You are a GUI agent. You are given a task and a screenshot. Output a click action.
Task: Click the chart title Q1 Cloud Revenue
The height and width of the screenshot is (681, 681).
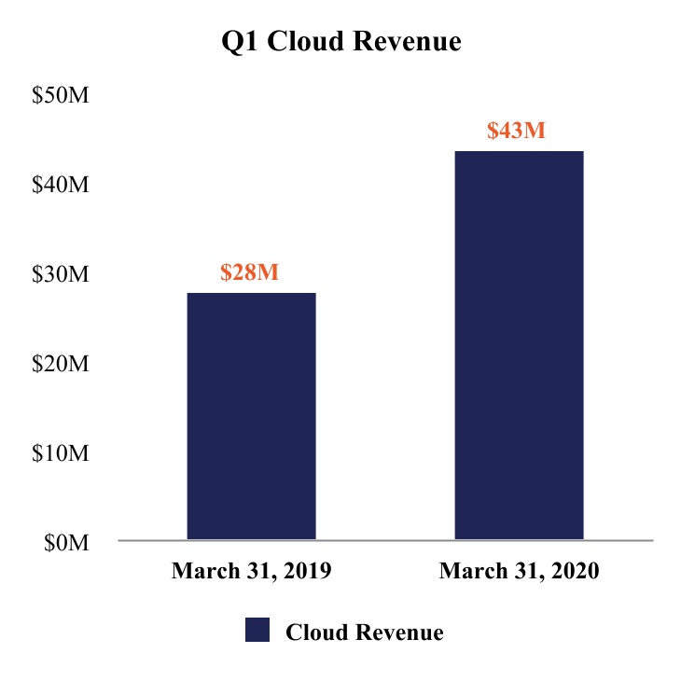(x=340, y=42)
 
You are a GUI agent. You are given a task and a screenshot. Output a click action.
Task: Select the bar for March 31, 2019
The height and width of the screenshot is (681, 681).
(x=251, y=416)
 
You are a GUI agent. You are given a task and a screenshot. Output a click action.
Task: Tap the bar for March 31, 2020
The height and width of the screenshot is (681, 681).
(x=519, y=345)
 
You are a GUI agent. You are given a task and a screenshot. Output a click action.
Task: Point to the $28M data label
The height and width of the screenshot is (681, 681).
(x=250, y=272)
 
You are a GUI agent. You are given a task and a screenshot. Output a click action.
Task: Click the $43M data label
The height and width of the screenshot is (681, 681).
(x=516, y=130)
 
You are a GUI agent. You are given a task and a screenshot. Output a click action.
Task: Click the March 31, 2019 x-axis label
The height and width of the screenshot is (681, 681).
(x=251, y=572)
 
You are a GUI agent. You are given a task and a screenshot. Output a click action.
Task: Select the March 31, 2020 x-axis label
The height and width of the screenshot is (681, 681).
(x=519, y=572)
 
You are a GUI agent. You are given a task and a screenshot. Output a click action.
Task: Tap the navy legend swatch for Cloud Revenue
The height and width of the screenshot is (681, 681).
(x=257, y=630)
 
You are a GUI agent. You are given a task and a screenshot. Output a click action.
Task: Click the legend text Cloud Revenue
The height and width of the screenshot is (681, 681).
(x=365, y=632)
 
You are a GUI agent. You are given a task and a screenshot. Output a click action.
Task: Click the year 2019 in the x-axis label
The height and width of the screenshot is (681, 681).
(x=306, y=572)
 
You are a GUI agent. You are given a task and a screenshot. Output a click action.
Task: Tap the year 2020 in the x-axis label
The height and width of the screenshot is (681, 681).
(x=574, y=572)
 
